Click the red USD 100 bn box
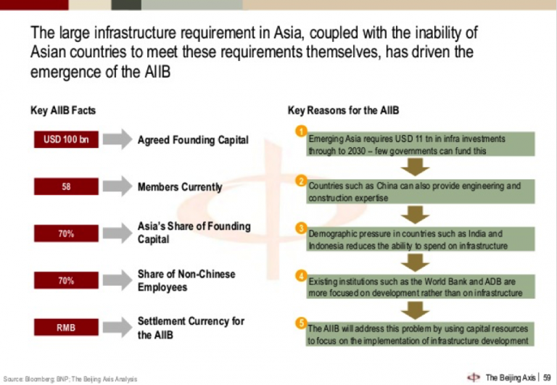tap(66, 139)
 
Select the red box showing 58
tap(66, 187)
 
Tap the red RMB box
tap(66, 328)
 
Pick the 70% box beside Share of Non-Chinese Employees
tap(66, 281)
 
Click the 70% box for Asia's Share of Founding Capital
tap(66, 233)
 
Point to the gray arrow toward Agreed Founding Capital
tap(116, 139)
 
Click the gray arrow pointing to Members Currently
tap(116, 187)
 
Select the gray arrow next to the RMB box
tap(116, 328)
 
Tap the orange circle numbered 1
tap(300, 131)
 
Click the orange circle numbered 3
tap(300, 228)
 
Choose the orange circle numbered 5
tap(300, 323)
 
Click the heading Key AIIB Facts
tap(63, 111)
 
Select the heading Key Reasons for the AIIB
tap(343, 111)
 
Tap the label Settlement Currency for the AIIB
tap(191, 328)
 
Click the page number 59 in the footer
tap(548, 377)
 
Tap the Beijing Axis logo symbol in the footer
tap(474, 377)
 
